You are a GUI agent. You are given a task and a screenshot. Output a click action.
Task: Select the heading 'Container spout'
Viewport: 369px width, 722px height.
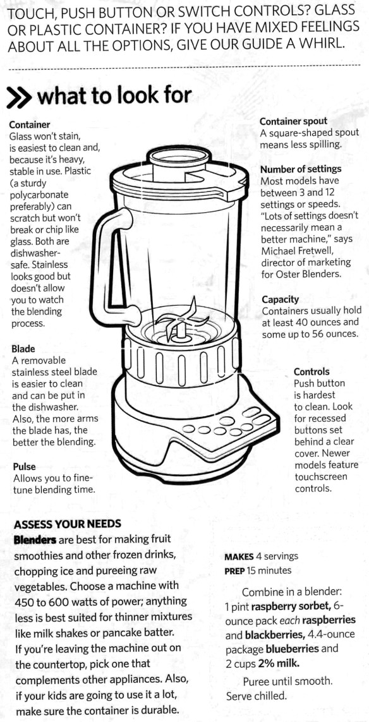coord(293,121)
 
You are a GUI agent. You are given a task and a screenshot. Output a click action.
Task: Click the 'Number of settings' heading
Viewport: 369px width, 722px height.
coord(301,169)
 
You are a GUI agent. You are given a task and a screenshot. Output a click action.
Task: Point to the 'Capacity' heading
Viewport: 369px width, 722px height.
coord(280,300)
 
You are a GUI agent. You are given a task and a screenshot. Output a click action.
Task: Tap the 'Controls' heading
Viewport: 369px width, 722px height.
coord(312,371)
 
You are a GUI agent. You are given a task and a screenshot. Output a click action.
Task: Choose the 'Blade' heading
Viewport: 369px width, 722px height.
coord(23,349)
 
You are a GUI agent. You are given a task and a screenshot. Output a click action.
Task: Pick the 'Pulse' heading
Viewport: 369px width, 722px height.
coord(24,466)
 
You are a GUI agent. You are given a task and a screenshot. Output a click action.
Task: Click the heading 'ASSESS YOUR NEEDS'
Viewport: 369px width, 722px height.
coord(67,524)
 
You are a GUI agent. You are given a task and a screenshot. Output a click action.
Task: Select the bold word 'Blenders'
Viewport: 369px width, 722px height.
coord(35,539)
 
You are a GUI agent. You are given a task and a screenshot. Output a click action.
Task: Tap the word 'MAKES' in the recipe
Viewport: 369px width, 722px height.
coord(239,557)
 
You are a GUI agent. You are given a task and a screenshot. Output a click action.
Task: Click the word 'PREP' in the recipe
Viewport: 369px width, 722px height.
coord(234,571)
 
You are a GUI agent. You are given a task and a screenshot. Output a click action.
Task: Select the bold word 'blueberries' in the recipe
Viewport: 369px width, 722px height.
coord(293,649)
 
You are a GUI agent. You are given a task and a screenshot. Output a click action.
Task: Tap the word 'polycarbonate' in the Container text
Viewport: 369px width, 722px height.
coord(39,195)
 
